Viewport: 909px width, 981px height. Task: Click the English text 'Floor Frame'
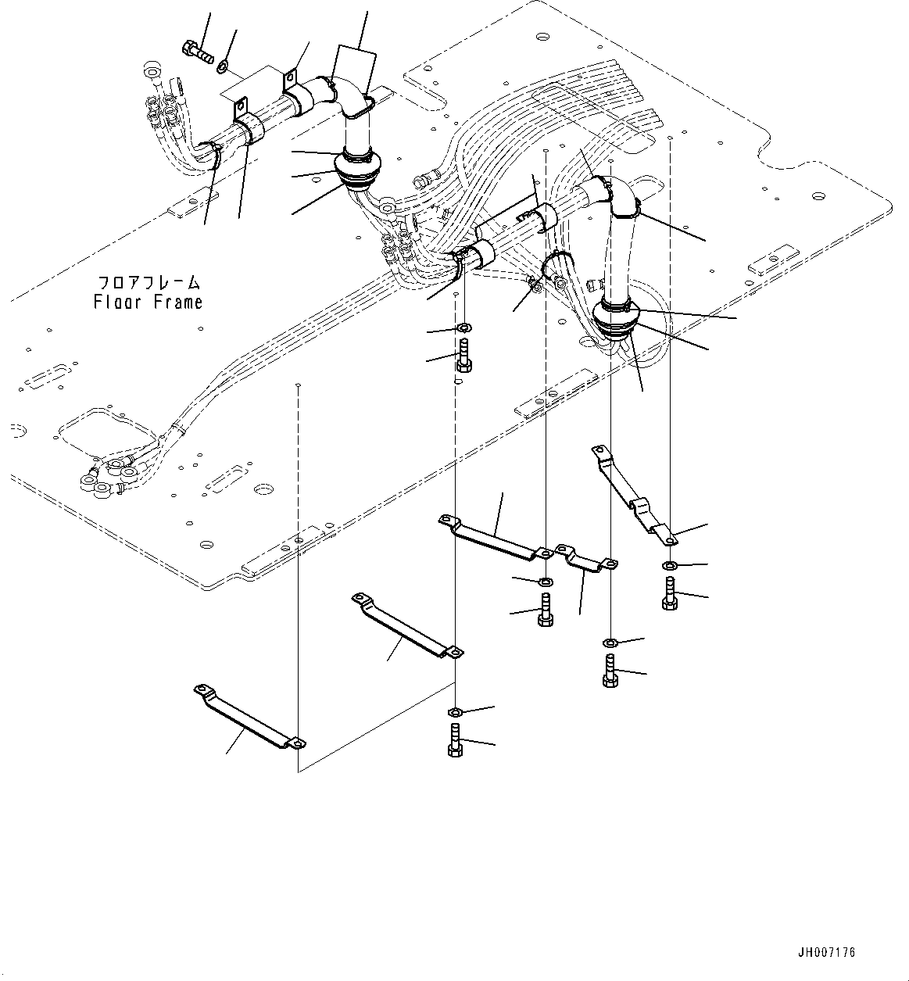pos(148,302)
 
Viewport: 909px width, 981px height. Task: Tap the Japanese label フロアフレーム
pos(149,282)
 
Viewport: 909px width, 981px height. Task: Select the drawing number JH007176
pos(826,952)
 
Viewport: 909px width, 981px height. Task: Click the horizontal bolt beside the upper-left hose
pos(199,53)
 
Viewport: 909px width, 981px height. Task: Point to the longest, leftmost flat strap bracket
pos(249,718)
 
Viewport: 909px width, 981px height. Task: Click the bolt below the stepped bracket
pos(669,593)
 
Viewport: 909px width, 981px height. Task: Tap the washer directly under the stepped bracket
pos(670,564)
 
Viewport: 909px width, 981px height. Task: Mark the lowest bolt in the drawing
pos(455,739)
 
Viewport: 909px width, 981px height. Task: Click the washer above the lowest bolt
pos(455,711)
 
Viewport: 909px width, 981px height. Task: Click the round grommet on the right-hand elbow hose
pos(617,317)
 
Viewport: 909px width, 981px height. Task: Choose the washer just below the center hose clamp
pos(463,327)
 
